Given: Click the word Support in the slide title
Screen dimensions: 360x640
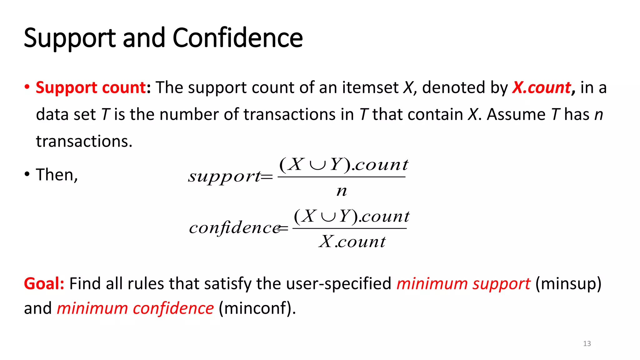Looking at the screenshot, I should tap(70, 38).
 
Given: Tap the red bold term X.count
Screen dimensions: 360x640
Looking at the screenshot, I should tap(542, 87).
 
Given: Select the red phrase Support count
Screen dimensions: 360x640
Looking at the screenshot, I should tap(91, 87).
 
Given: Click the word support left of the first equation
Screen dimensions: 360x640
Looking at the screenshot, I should tap(224, 177).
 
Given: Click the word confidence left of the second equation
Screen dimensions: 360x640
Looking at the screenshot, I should tap(234, 227).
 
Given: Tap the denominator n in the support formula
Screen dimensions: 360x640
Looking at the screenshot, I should tap(342, 191).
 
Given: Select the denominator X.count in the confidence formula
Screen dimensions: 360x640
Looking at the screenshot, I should tap(352, 242).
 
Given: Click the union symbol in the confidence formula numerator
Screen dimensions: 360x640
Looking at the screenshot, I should tap(328, 216).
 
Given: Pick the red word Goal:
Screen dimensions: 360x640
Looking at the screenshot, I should tap(44, 283).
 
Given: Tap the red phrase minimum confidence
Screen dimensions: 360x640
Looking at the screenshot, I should tap(135, 308).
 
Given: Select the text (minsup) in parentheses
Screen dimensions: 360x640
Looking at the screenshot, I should tap(568, 284).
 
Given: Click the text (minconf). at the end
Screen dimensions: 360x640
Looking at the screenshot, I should tap(257, 308).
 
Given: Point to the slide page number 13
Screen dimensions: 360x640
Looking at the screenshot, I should tap(587, 344).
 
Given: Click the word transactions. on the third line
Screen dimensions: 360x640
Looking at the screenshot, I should tap(84, 141).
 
